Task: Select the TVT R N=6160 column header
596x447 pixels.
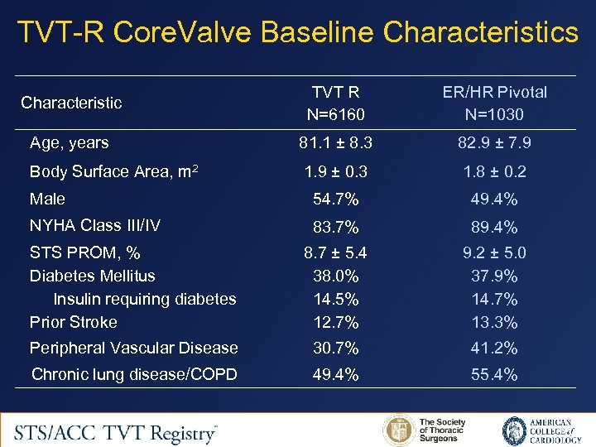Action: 335,103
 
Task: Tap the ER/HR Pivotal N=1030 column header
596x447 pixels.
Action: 494,103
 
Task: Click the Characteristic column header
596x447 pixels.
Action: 71,103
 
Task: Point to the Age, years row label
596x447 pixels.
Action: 69,143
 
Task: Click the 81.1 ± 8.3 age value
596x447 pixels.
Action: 335,143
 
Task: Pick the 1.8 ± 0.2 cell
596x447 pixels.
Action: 494,172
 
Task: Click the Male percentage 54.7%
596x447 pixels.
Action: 335,199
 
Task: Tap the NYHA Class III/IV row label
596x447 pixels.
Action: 95,226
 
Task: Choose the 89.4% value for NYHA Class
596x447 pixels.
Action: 494,227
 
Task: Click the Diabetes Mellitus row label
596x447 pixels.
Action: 92,276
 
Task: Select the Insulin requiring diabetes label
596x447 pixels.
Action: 145,299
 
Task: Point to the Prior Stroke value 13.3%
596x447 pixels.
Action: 494,322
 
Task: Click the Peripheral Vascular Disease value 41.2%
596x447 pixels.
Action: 494,348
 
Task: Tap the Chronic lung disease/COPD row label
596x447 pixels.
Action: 134,375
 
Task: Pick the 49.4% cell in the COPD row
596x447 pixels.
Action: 335,375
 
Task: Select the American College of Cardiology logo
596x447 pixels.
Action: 537,431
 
